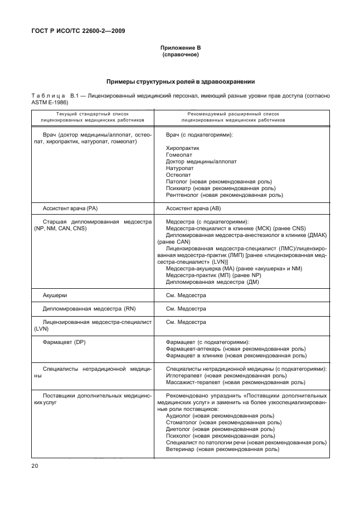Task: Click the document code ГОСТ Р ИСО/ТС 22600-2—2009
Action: [x=77, y=31]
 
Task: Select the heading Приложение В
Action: [x=180, y=49]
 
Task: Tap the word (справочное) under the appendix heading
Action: [x=180, y=55]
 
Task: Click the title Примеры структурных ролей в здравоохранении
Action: [x=180, y=81]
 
